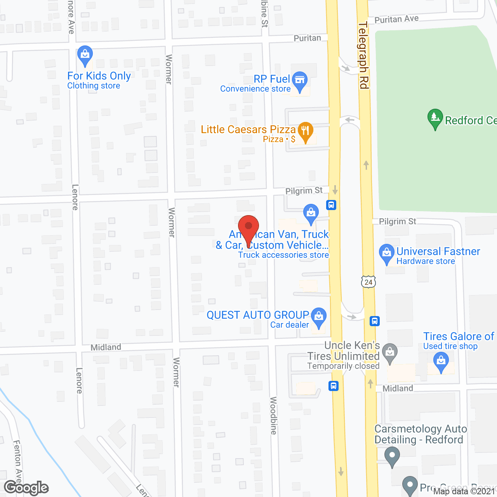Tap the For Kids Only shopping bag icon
85,56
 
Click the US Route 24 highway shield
368,282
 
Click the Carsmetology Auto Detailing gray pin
392,456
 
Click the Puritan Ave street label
396,19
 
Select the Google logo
26,488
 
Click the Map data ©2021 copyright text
464,491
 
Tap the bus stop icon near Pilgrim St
331,205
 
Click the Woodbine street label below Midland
273,415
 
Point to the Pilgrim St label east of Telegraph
397,221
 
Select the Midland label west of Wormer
106,347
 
